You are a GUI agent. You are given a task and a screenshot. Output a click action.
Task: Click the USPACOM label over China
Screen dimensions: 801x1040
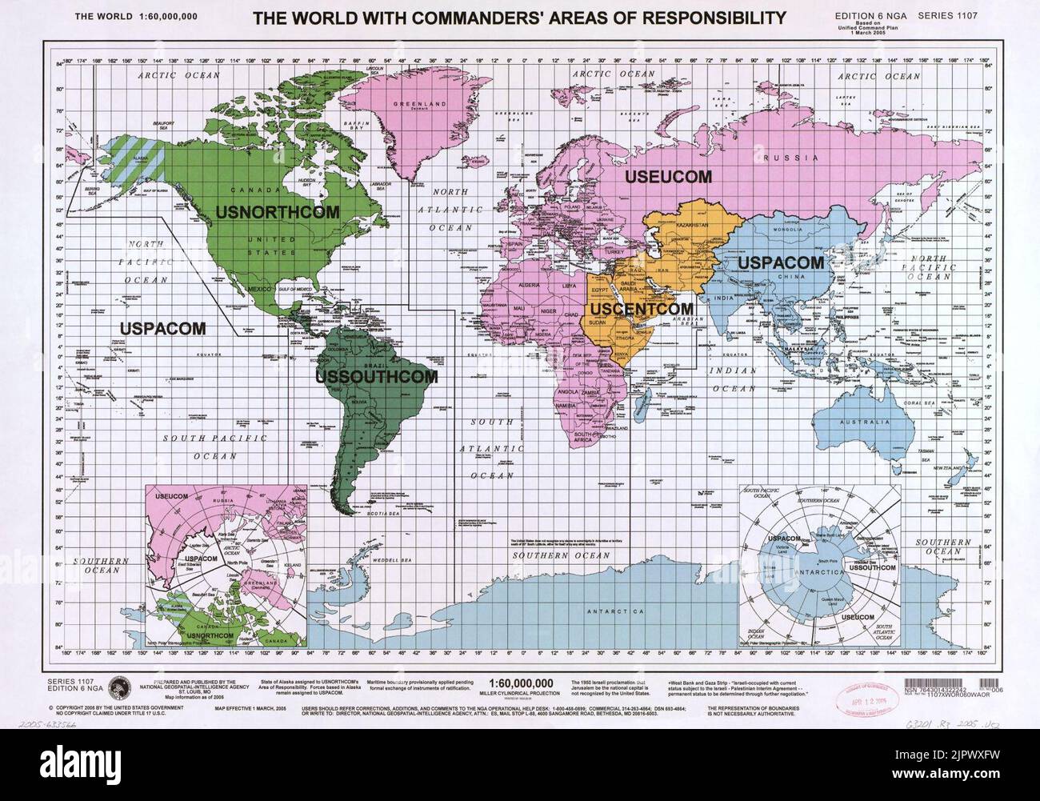pos(780,262)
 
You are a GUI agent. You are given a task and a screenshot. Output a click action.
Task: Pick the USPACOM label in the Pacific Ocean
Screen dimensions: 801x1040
pos(163,327)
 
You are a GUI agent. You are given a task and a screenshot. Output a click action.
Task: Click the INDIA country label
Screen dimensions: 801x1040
pos(746,298)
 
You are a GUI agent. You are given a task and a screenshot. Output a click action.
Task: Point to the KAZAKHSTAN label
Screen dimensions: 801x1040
pos(696,226)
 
